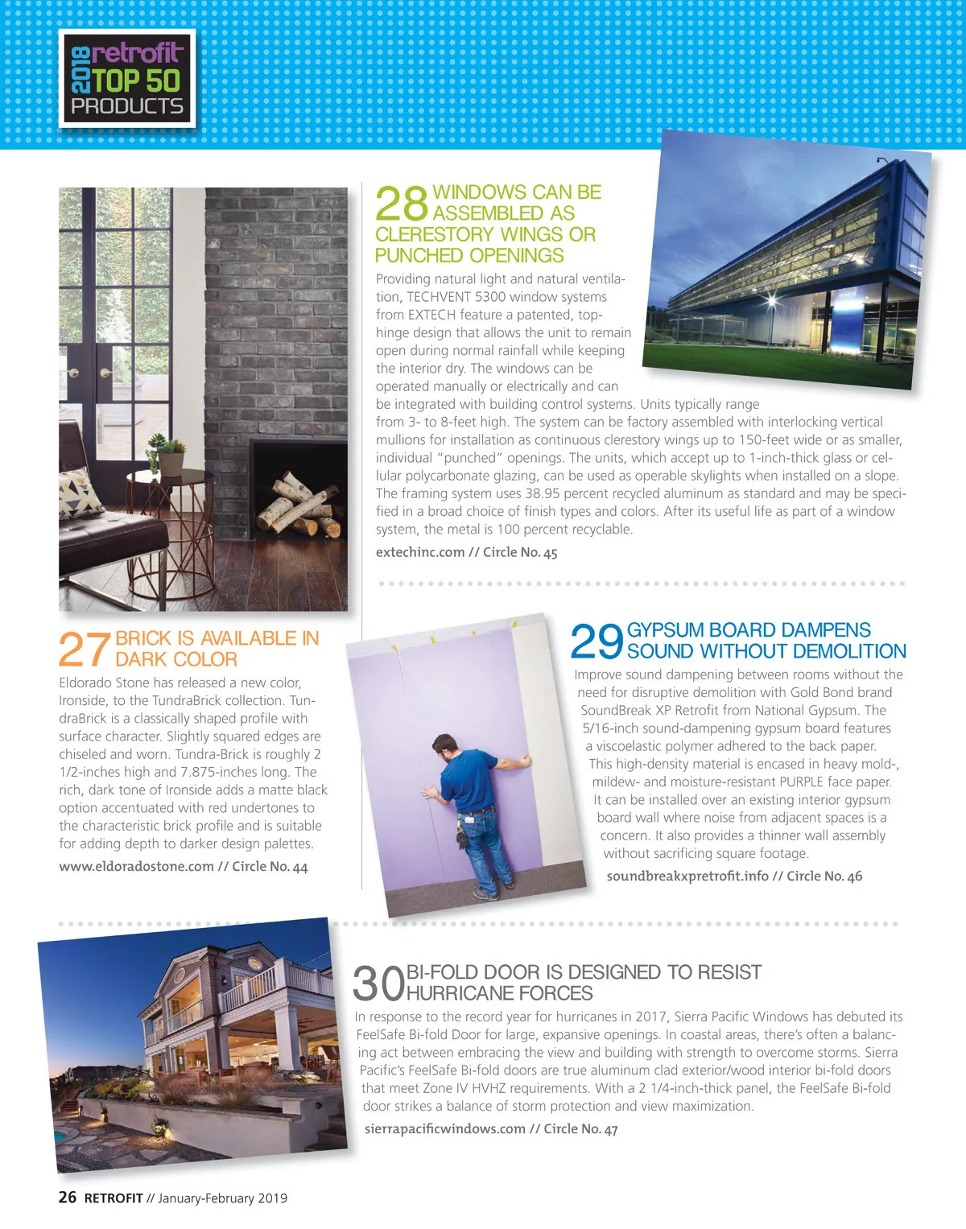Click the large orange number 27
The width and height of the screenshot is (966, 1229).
coord(84,649)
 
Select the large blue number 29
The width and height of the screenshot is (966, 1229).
coord(597,641)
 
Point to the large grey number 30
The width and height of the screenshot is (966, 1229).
coord(378,983)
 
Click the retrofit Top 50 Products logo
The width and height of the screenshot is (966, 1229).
coord(127,79)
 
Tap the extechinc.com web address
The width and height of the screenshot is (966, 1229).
coord(420,552)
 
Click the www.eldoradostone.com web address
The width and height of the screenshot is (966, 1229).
coord(136,866)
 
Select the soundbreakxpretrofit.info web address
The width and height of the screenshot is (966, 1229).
coord(687,876)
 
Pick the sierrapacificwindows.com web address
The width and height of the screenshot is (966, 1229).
coord(444,1128)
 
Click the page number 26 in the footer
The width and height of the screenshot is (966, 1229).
coord(68,1197)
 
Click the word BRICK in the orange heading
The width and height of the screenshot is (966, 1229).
coord(143,638)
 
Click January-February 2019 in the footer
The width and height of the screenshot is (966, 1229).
coord(222,1198)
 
